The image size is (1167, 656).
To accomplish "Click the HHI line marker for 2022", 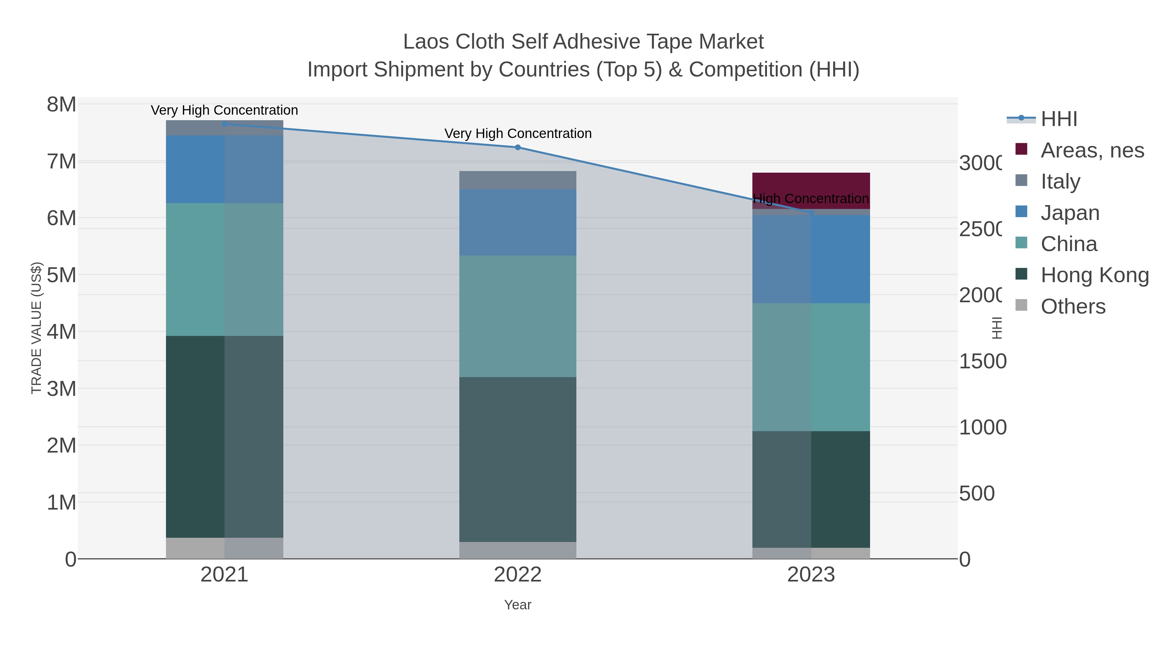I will click(x=518, y=147).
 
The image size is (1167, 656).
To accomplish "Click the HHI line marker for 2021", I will click(x=224, y=124).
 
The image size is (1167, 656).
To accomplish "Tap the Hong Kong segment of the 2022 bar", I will click(x=518, y=459).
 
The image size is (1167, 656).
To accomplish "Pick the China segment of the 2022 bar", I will click(x=518, y=316).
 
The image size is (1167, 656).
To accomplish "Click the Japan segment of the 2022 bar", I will click(x=518, y=222).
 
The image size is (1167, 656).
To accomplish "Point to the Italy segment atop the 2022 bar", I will click(x=518, y=180).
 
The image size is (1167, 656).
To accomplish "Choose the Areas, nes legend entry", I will click(x=1092, y=150).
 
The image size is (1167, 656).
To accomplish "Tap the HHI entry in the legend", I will click(x=1059, y=119).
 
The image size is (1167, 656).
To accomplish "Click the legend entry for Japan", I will click(x=1070, y=213).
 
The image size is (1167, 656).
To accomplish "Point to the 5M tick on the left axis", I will click(x=62, y=275).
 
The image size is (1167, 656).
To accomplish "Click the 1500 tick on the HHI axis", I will click(x=982, y=361).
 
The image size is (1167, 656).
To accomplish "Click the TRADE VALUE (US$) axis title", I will click(x=36, y=328).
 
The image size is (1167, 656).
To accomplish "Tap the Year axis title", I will click(x=518, y=605).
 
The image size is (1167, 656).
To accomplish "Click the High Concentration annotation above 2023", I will click(x=811, y=199).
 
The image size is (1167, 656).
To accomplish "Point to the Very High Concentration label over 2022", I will click(x=518, y=133).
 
